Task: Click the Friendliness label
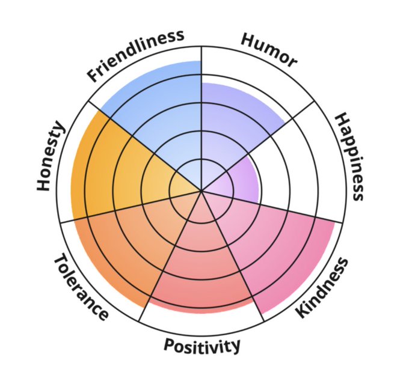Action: [x=135, y=56]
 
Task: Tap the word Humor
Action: [x=269, y=50]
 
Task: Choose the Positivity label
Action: [x=202, y=346]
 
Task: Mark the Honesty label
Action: [x=50, y=156]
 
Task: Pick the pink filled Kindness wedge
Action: [x=277, y=246]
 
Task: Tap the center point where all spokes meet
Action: [x=201, y=191]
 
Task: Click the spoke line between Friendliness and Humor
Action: [x=201, y=90]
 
